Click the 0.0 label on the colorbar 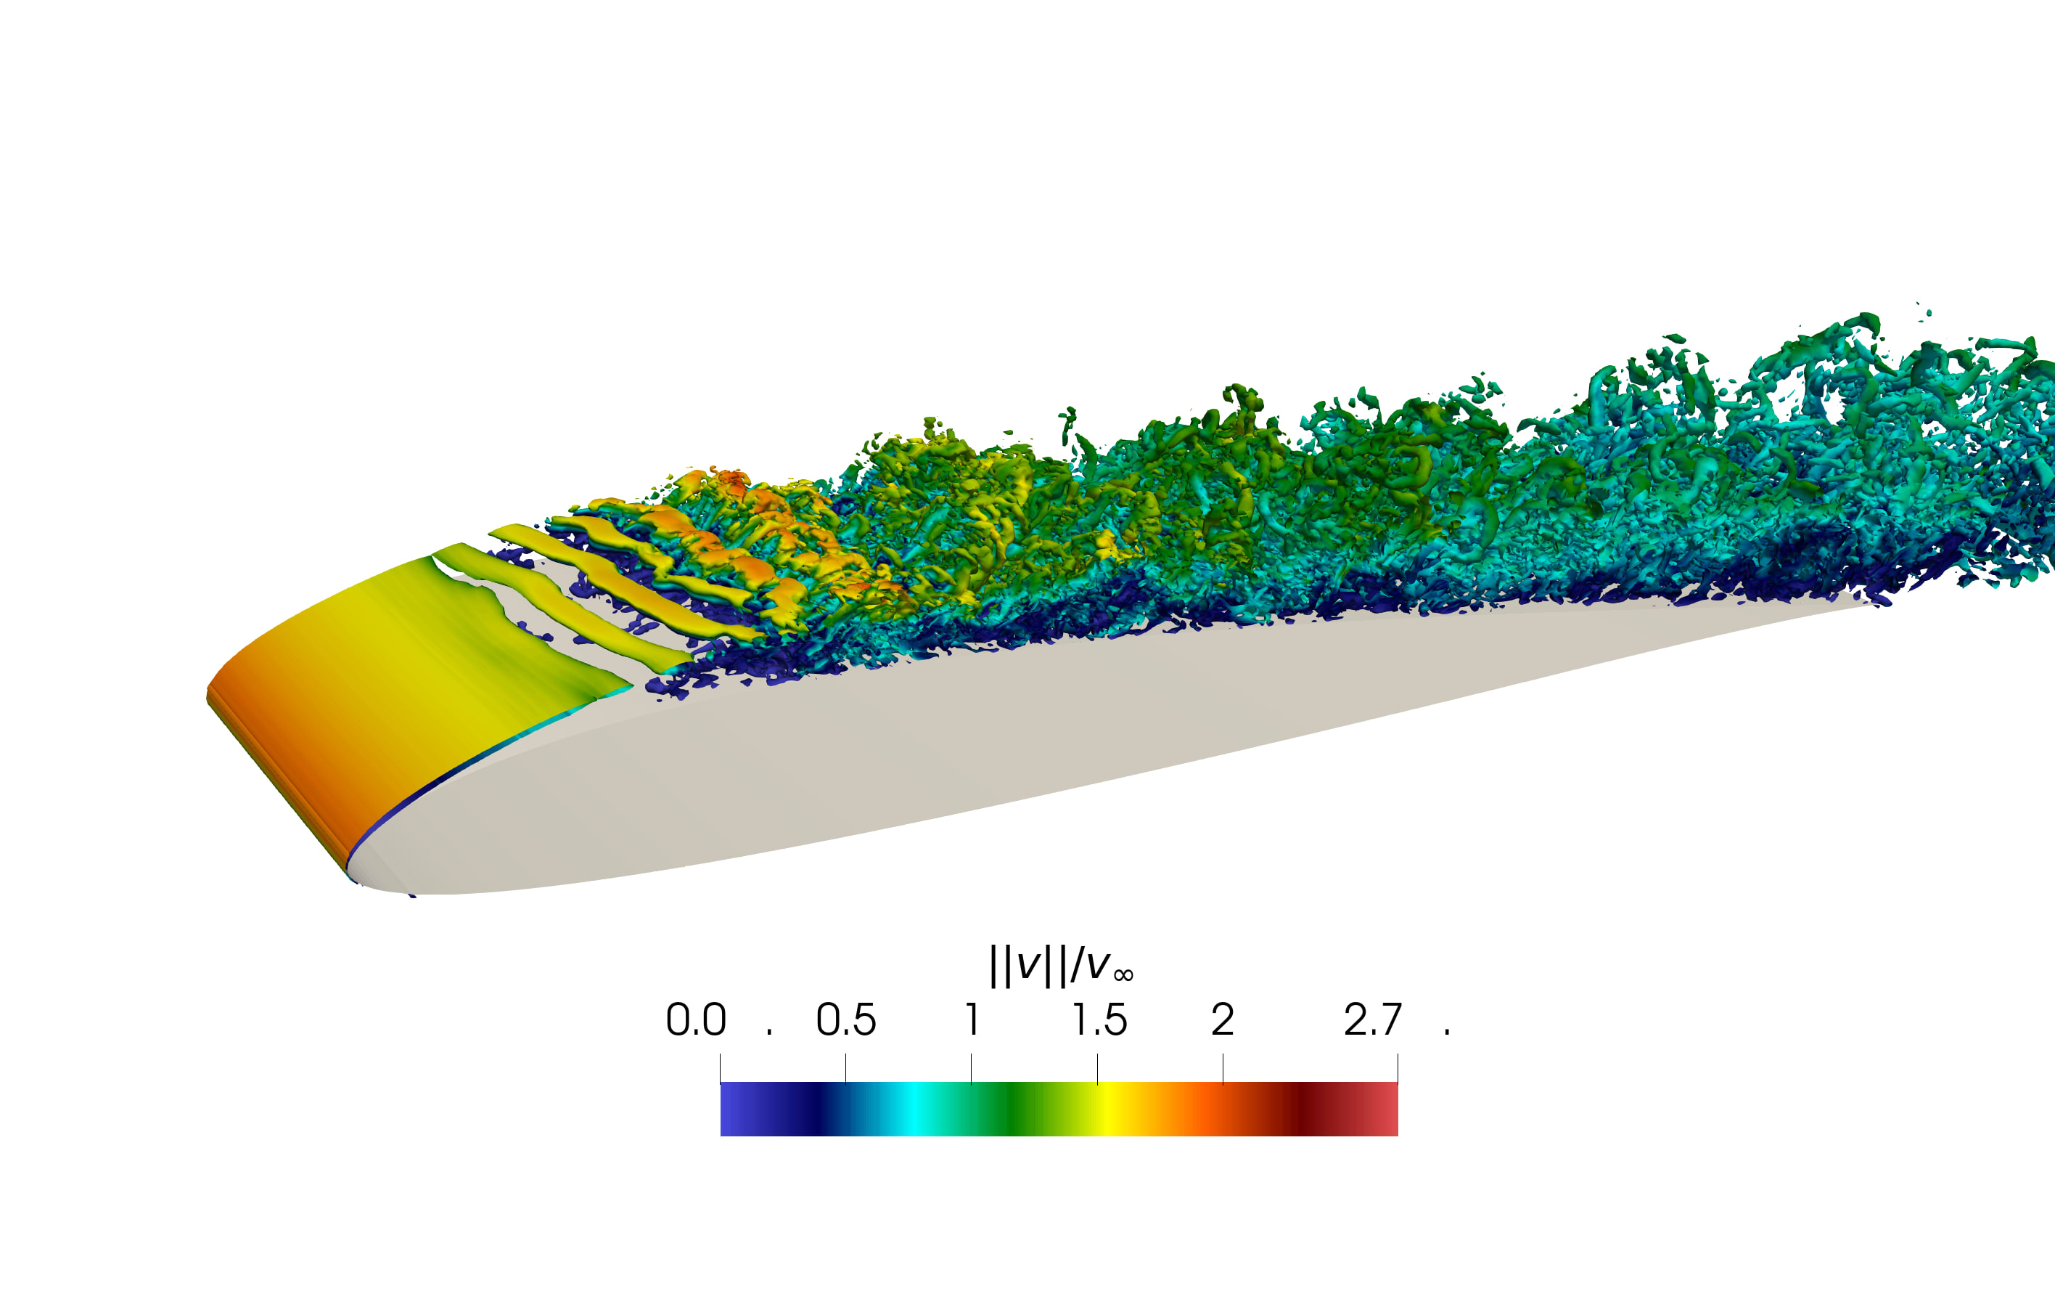[x=696, y=1019]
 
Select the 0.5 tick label [x=845, y=1019]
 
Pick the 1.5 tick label [x=1099, y=1019]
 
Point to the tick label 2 [x=1222, y=1019]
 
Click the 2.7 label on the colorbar [x=1372, y=1019]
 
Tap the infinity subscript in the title [x=1123, y=975]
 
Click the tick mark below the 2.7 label [x=1397, y=1068]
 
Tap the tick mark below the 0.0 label [x=721, y=1068]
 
